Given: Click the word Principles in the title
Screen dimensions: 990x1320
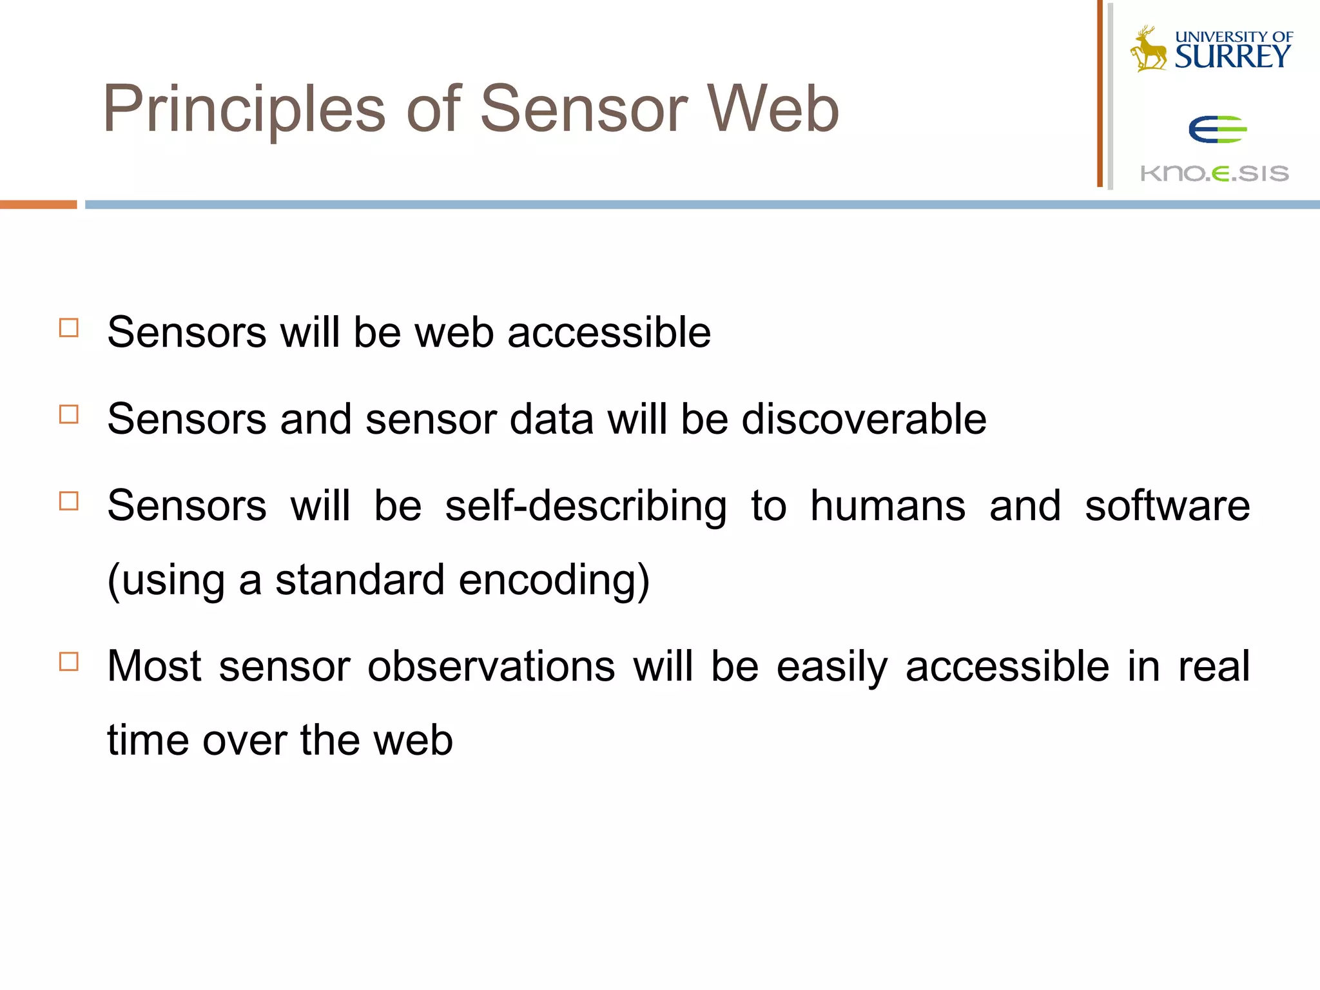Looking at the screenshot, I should [x=244, y=110].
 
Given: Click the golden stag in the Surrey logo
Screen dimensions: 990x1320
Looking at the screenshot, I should [x=1149, y=49].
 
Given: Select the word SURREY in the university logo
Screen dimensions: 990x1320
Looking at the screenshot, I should [x=1232, y=57].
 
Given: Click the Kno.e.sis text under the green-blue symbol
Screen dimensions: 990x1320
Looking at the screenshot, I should [x=1214, y=173].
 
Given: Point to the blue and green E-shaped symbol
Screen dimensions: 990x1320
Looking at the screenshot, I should [x=1217, y=130].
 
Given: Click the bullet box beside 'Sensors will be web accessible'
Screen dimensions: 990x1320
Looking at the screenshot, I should [x=69, y=328].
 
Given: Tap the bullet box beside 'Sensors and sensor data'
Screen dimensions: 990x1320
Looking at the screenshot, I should [x=69, y=414].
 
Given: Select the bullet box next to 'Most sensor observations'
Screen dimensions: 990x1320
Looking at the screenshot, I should [x=69, y=662].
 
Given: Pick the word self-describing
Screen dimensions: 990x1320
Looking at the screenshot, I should [x=585, y=507].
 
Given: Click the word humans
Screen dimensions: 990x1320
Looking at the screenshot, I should [x=888, y=505].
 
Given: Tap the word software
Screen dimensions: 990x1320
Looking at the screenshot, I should [x=1167, y=507].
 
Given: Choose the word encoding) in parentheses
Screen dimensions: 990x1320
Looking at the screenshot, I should [x=554, y=580].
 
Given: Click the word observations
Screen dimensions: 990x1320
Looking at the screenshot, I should [x=491, y=666].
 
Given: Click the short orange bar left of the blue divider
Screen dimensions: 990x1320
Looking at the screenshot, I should [x=38, y=204].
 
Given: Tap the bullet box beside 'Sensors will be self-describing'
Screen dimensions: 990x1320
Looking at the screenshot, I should [x=69, y=501].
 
